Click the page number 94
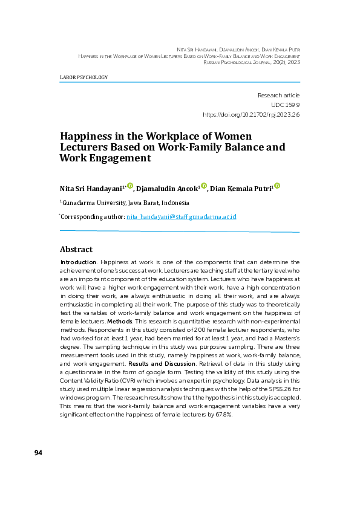click(38, 453)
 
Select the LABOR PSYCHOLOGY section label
click(83, 78)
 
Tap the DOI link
click(251, 114)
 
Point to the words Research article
click(278, 96)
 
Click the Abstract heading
click(76, 249)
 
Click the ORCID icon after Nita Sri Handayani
click(130, 186)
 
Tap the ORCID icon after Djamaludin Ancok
click(204, 186)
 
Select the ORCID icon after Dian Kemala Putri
click(277, 186)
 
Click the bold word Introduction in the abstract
click(79, 262)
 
